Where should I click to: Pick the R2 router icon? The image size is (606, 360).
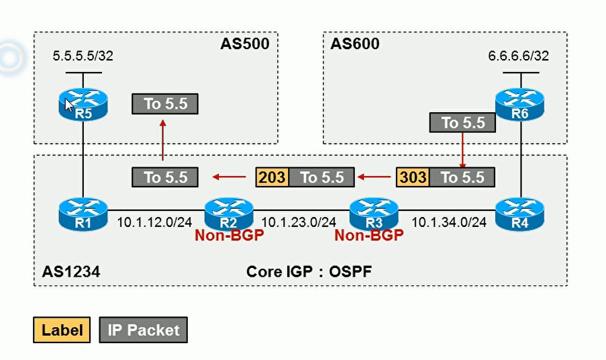pos(228,214)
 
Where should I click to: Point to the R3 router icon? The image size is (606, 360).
pos(374,214)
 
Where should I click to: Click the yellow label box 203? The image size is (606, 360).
pos(272,177)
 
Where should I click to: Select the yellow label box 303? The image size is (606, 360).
pos(412,177)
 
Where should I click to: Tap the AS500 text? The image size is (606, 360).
pos(244,44)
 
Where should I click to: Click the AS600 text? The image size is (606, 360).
pos(354,44)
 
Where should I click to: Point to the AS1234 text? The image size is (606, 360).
pos(66,271)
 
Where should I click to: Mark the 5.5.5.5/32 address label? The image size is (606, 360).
pos(83,56)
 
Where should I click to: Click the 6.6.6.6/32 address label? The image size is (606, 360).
pos(518,56)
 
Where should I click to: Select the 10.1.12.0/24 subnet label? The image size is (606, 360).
pos(155,222)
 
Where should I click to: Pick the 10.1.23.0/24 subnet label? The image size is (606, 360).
pos(299,222)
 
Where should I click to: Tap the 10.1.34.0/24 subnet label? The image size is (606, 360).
pos(449,222)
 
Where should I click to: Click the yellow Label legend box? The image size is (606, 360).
pos(62,330)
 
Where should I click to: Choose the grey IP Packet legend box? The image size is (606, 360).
pos(144,330)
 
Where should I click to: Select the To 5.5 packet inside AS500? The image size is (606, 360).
pos(165,103)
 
